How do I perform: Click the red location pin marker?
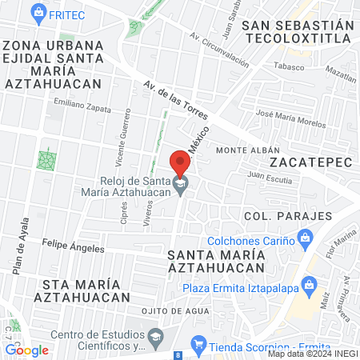(x=180, y=163)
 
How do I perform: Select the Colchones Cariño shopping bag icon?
(x=304, y=238)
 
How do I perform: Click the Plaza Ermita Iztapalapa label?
(x=237, y=289)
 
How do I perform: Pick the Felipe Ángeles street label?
(x=73, y=248)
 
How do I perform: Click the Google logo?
(x=26, y=350)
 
